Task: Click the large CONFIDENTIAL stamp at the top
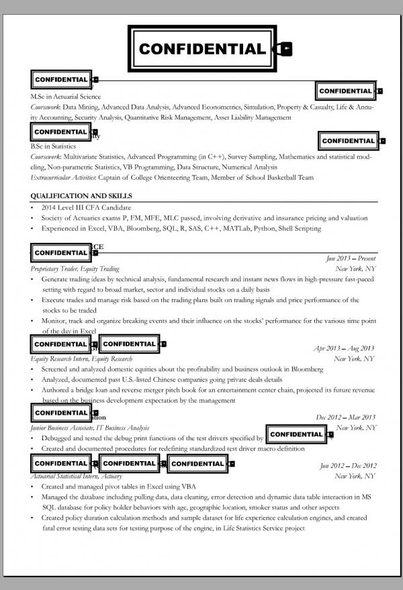pyautogui.click(x=201, y=48)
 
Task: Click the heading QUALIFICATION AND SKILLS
pyautogui.click(x=81, y=196)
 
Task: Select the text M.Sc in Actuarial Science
pyautogui.click(x=65, y=97)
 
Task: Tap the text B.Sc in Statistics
pyautogui.click(x=54, y=146)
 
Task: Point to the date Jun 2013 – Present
pyautogui.click(x=351, y=258)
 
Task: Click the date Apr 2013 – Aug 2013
pyautogui.click(x=344, y=348)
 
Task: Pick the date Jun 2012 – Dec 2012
pyautogui.click(x=348, y=466)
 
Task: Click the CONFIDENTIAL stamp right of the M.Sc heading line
pyautogui.click(x=346, y=91)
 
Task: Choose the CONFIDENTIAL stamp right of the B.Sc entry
pyautogui.click(x=349, y=141)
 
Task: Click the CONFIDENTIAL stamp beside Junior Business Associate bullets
pyautogui.click(x=296, y=434)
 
